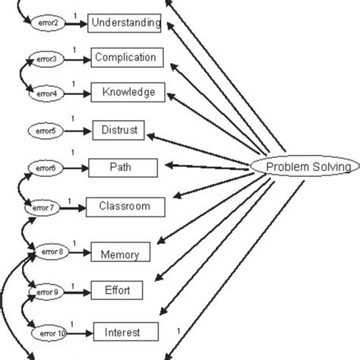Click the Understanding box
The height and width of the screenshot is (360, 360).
(125, 23)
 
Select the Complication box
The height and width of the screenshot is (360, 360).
(125, 57)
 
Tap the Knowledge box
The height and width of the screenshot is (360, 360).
(128, 93)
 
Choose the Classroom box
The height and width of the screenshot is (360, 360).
(124, 206)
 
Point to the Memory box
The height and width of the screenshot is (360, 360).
(120, 253)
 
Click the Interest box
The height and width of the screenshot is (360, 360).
(126, 331)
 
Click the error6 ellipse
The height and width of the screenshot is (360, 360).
(43, 167)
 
